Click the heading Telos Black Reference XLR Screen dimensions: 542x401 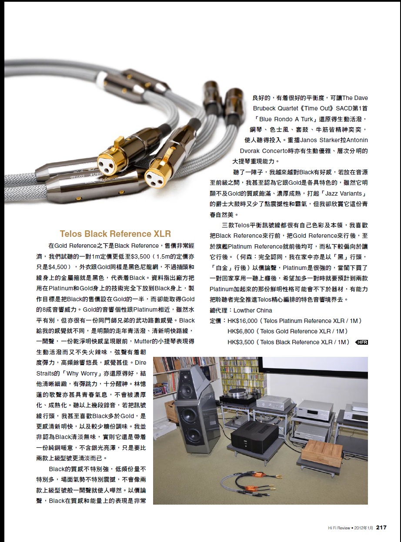pyautogui.click(x=115, y=234)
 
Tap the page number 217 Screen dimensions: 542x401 pyautogui.click(x=381, y=528)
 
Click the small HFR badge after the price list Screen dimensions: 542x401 pyautogui.click(x=362, y=342)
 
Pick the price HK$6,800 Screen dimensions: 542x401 pyautogui.click(x=241, y=331)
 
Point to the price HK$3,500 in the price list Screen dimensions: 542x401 pyautogui.click(x=241, y=342)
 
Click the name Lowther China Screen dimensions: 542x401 pyautogui.click(x=253, y=310)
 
